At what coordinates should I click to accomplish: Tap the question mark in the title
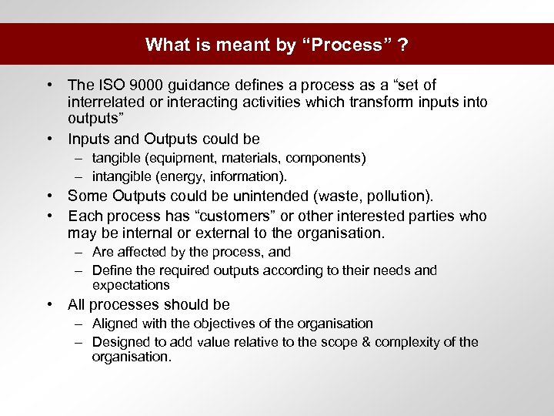403,45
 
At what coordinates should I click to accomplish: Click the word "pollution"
403,196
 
